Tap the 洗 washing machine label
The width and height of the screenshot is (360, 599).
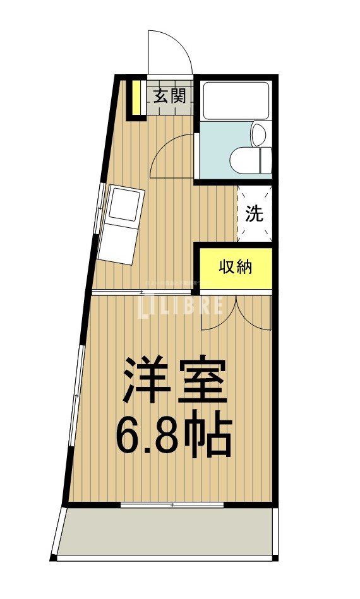[x=253, y=214]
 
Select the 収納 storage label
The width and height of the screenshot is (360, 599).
[x=236, y=267]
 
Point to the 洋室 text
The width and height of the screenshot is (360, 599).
[x=174, y=381]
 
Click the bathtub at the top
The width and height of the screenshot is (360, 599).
[x=236, y=100]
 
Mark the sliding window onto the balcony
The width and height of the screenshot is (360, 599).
[x=172, y=505]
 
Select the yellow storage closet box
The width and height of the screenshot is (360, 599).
[x=236, y=268]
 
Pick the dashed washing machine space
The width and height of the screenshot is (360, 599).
[x=255, y=214]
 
